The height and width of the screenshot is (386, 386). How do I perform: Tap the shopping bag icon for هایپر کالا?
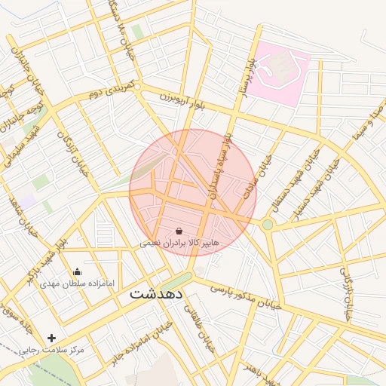[x=179, y=231]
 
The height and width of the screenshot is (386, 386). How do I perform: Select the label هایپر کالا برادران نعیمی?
[x=179, y=244]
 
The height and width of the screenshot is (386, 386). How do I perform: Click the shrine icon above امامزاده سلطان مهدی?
[x=76, y=272]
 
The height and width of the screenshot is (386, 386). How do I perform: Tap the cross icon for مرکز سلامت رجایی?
[x=51, y=339]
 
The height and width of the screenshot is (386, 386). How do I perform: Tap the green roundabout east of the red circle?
[x=267, y=224]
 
